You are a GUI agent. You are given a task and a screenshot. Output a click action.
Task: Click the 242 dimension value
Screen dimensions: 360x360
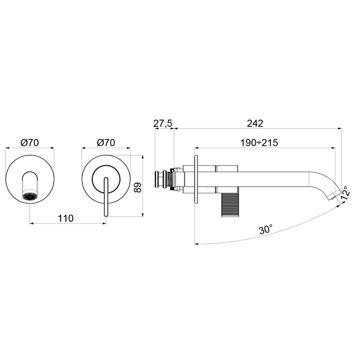coord(255,123)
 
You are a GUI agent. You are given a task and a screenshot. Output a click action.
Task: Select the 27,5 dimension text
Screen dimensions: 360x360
coord(163,123)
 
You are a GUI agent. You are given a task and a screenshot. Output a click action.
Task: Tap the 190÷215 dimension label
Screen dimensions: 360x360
coord(259,143)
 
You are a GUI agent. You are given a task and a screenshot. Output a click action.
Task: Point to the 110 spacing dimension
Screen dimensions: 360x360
coord(66,219)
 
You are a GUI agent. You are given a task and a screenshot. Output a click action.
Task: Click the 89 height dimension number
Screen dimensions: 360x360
coord(137,188)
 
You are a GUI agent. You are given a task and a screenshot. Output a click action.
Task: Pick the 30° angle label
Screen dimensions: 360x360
coord(266,229)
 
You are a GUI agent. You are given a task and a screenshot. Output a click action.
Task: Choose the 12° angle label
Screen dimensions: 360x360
coord(346,193)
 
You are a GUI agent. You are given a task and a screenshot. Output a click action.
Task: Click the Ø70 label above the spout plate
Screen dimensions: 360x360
coord(30,143)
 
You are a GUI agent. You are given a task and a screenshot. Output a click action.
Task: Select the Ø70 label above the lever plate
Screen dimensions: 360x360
coord(106,143)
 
